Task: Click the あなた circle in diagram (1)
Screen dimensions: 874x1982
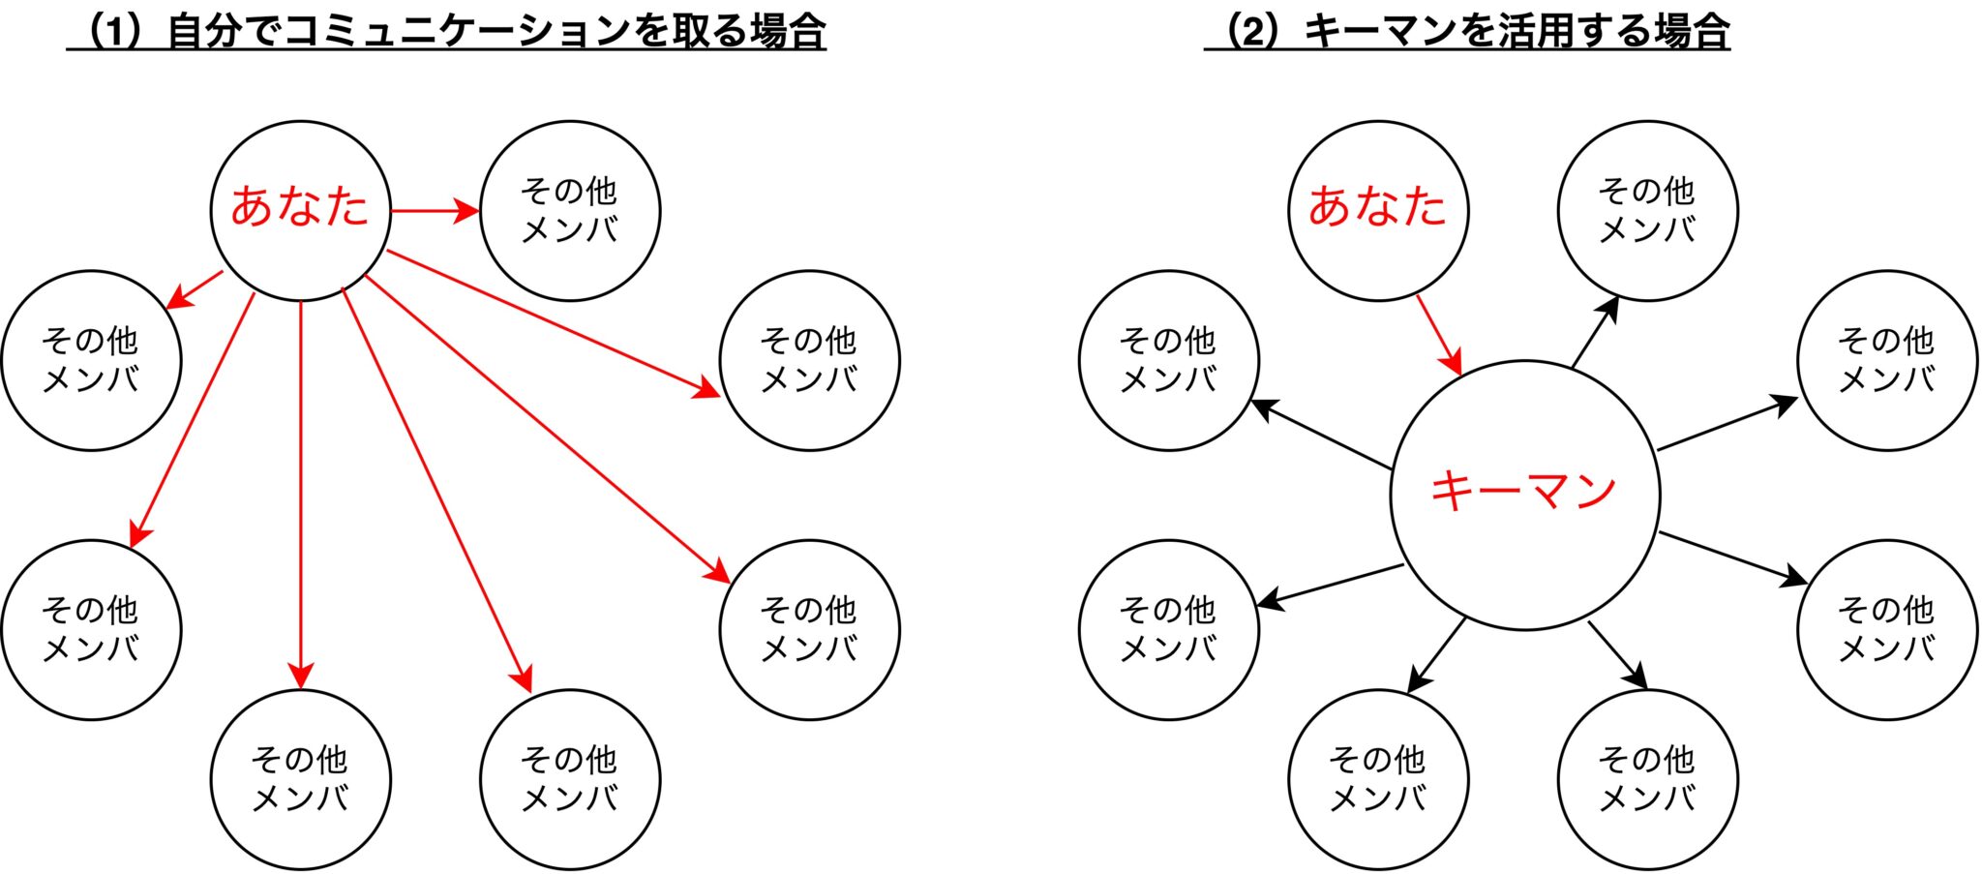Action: [300, 210]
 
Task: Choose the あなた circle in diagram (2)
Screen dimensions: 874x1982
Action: [1378, 210]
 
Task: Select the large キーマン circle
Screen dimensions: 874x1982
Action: [1524, 495]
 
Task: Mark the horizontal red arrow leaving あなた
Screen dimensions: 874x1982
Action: [435, 210]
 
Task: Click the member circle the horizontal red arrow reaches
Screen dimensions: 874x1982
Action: [570, 210]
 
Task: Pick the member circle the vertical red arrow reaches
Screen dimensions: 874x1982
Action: [301, 779]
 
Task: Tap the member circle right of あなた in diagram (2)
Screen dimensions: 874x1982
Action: [1647, 210]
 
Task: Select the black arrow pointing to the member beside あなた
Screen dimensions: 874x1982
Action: [1595, 333]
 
